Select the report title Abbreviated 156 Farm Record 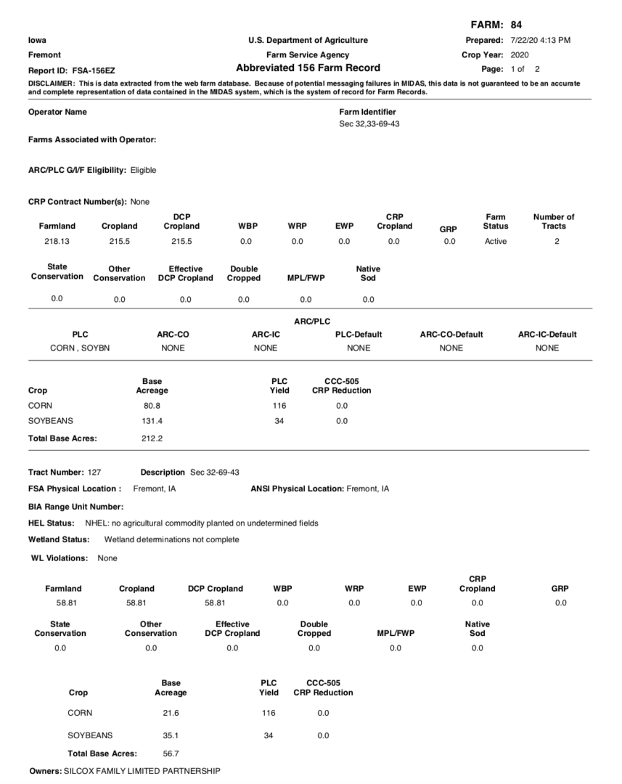point(308,68)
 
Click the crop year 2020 point(520,54)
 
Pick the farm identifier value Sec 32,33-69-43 point(369,124)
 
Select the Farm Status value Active point(496,242)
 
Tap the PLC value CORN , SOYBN point(80,348)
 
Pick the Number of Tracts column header point(553,221)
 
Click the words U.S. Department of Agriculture point(308,40)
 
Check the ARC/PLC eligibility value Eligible point(143,170)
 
